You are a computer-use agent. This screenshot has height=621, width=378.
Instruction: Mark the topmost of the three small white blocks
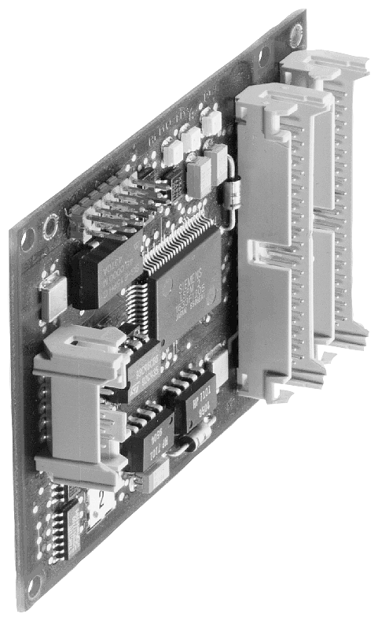[x=211, y=124]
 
